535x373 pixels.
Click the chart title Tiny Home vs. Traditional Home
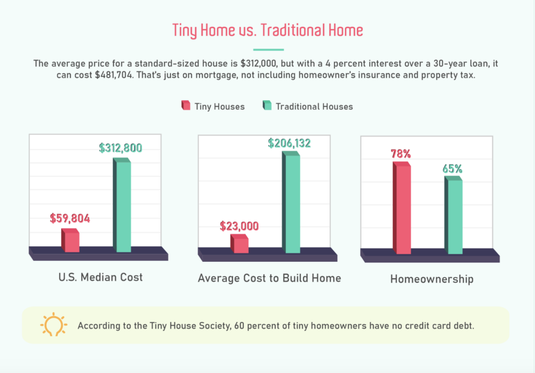(267, 30)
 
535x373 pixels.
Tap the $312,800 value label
(121, 148)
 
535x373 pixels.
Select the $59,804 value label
(70, 219)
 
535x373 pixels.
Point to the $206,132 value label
(289, 143)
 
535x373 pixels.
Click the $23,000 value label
(239, 226)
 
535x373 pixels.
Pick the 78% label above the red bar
(401, 154)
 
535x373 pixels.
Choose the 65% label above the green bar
(452, 169)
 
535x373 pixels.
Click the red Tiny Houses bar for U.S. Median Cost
(71, 240)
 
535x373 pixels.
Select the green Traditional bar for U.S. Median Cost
(122, 205)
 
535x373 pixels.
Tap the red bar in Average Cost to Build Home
(239, 244)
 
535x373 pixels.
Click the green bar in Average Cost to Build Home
(291, 202)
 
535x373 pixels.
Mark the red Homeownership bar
(402, 208)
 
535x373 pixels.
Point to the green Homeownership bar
(453, 215)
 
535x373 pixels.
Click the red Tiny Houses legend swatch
(186, 105)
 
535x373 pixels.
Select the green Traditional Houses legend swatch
(267, 105)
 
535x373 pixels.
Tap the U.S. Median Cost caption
(101, 278)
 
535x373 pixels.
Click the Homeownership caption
(432, 279)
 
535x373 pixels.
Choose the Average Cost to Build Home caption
(270, 278)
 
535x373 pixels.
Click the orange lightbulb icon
(54, 324)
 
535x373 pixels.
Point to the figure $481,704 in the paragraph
(113, 75)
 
